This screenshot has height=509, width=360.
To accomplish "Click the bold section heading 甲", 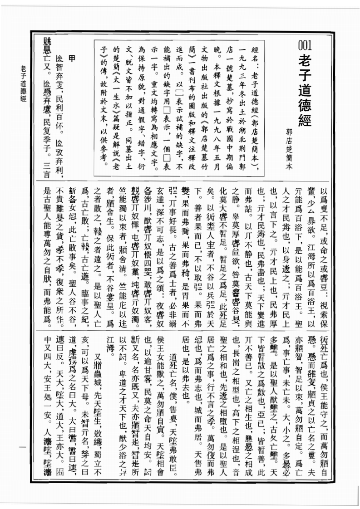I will (71, 58).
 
